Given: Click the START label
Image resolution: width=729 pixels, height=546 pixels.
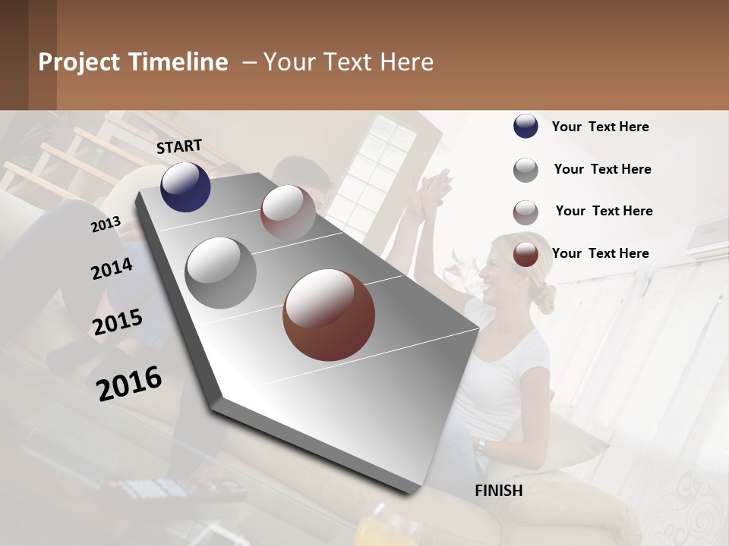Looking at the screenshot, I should [179, 146].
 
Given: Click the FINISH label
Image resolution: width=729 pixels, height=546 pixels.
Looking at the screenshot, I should [498, 491].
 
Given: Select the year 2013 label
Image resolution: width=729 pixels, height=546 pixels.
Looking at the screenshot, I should [106, 224].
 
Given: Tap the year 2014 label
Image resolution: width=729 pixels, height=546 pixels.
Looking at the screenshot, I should [112, 269].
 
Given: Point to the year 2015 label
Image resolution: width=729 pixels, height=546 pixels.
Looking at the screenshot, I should [118, 322].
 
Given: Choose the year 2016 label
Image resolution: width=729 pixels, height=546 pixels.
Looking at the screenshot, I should [129, 383].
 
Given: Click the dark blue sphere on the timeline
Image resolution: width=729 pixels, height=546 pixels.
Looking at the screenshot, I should [185, 187].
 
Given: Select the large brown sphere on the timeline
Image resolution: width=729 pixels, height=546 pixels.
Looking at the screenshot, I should [328, 314].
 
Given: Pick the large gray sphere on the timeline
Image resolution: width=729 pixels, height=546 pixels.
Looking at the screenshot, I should [220, 272].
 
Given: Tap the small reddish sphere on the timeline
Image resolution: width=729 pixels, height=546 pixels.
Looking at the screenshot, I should [288, 212].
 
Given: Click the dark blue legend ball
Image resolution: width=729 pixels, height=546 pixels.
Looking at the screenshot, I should [525, 126].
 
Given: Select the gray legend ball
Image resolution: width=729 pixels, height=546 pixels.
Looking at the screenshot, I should [525, 169].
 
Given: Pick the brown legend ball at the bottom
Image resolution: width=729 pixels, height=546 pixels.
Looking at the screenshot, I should [525, 254].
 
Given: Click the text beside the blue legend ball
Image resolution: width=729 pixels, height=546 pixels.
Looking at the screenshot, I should [600, 127].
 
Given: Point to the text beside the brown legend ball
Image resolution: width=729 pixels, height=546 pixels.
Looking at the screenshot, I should [600, 253].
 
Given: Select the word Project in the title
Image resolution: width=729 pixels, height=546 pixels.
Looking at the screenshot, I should [79, 62].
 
